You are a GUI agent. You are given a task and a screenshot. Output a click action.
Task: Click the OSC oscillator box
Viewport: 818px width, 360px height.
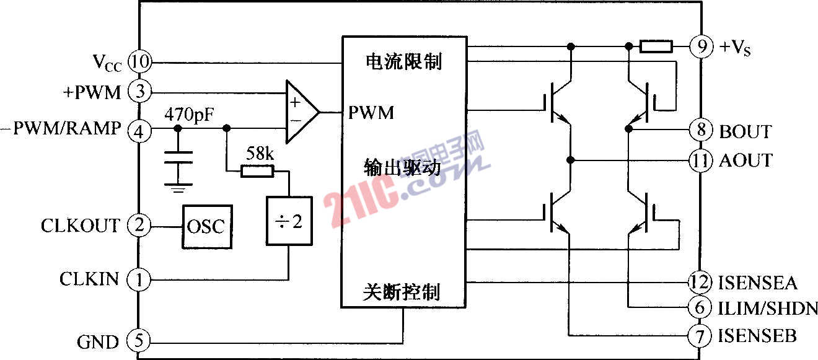(208, 227)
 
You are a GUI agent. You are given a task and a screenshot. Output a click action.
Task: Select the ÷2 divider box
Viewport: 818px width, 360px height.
(289, 221)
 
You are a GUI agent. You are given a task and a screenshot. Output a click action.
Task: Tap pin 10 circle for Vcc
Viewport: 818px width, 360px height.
(139, 61)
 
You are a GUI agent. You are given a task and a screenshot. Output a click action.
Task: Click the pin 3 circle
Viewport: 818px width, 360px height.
(139, 91)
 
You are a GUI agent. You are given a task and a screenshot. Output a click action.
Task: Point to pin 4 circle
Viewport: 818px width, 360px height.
(139, 131)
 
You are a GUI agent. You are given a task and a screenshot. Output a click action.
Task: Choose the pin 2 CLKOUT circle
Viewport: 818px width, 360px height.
(139, 225)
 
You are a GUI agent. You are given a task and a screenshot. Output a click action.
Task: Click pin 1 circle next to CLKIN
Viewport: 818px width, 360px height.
(138, 279)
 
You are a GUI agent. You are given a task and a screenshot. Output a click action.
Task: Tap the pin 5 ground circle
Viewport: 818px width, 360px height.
(138, 340)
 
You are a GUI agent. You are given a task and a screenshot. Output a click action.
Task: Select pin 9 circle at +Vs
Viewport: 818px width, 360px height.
(701, 46)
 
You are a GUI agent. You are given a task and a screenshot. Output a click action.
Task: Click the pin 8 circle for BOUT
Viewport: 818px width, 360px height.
(701, 130)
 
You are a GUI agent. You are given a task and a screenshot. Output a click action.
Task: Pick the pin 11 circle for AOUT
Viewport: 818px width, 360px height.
(700, 160)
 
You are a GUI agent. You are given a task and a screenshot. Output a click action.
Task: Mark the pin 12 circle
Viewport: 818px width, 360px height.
(700, 282)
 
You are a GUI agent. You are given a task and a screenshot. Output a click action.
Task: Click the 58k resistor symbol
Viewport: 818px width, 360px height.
(257, 171)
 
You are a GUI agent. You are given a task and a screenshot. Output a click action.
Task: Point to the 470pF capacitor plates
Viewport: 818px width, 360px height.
(178, 157)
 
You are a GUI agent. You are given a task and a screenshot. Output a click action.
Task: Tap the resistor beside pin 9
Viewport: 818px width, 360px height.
(656, 46)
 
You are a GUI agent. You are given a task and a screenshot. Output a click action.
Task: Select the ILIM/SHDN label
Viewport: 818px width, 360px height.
(768, 309)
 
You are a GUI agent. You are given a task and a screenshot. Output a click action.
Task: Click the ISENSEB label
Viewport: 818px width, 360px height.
(757, 336)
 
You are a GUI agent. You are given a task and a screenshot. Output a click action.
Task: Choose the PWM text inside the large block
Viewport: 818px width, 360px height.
(371, 112)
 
